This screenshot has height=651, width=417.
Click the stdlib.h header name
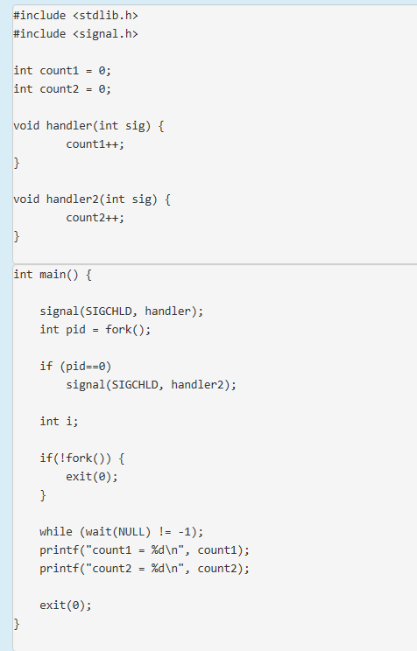(106, 16)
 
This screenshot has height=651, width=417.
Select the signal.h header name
(106, 34)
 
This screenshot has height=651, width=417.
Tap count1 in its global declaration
(59, 71)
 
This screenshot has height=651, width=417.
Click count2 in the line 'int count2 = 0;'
(59, 89)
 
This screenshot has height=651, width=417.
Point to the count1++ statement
(95, 144)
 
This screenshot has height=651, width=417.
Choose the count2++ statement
(95, 218)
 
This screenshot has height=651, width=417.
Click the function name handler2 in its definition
(72, 199)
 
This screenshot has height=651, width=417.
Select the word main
(53, 275)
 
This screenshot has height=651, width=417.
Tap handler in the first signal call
(167, 311)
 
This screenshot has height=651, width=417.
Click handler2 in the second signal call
(197, 384)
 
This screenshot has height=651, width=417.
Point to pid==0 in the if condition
(86, 366)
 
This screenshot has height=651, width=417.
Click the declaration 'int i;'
(59, 422)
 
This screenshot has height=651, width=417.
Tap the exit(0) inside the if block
(92, 476)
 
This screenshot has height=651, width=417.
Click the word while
(56, 531)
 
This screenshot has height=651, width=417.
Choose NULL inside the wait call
(131, 531)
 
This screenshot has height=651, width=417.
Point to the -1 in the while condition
(187, 531)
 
